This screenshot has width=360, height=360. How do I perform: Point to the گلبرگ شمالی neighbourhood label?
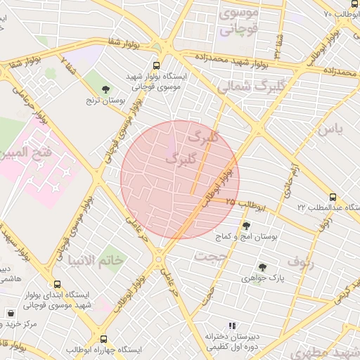coord(243,86)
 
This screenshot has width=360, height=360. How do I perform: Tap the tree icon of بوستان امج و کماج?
coord(246,226)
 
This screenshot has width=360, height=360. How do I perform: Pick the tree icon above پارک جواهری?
coord(262,266)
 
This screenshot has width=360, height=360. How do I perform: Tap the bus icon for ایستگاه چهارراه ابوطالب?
coord(104,339)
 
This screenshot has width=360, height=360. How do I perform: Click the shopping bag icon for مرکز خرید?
coord(11,313)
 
